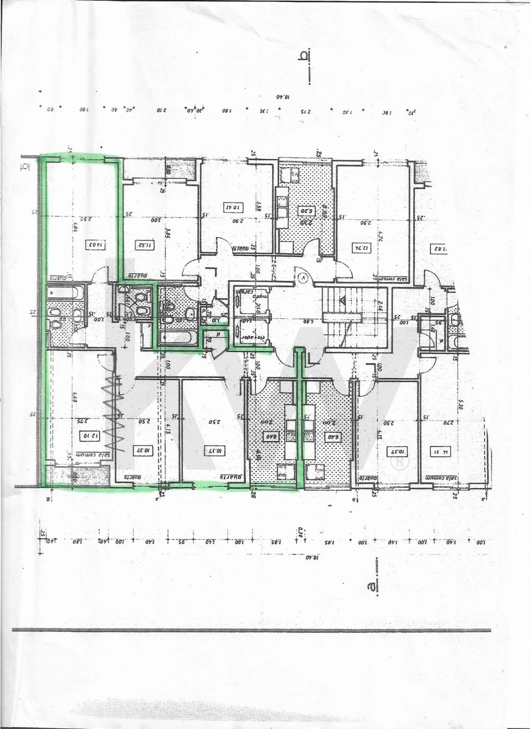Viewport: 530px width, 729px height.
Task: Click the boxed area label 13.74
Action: click(x=361, y=248)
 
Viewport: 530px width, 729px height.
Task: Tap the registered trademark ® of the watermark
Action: click(x=401, y=462)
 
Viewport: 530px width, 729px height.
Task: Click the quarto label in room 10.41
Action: click(x=241, y=249)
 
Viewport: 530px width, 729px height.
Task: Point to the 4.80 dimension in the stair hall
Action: click(x=306, y=321)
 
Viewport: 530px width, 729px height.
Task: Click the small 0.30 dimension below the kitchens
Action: click(x=301, y=531)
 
